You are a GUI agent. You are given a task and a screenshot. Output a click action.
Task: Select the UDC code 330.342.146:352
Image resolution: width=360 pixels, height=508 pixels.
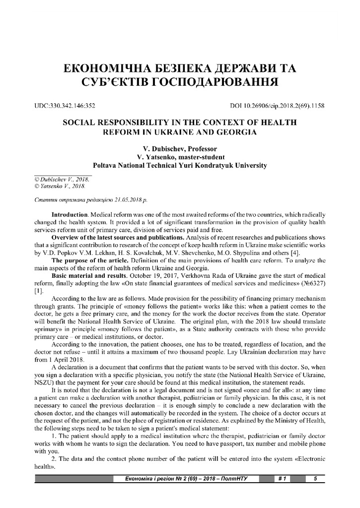click(65, 106)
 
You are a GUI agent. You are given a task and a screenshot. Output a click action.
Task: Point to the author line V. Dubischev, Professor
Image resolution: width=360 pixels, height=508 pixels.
click(179, 148)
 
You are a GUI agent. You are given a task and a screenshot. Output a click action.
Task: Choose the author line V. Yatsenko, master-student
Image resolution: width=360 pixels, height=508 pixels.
click(179, 157)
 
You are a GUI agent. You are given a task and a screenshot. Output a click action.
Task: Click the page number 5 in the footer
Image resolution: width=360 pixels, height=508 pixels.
click(315, 479)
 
